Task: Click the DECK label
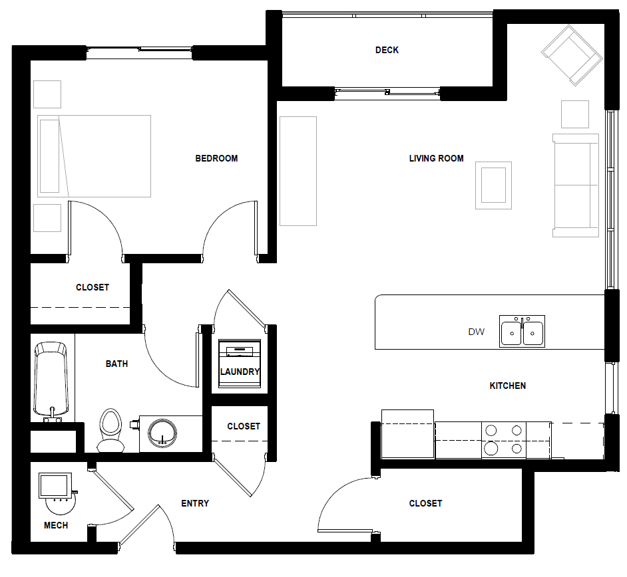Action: [387, 50]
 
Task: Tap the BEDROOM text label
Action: [216, 158]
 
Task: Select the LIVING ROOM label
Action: [436, 158]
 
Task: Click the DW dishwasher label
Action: [476, 332]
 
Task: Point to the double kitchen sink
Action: [522, 331]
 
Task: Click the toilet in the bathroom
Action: [110, 431]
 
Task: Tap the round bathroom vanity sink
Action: [162, 433]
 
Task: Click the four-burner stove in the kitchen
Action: [503, 439]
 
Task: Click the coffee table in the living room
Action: [493, 185]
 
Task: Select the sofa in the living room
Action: [576, 185]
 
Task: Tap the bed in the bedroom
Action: [94, 156]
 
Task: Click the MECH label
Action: [56, 525]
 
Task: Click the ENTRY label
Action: [195, 503]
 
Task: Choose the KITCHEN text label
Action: [507, 386]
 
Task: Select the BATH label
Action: [116, 364]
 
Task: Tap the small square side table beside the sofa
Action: [574, 114]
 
